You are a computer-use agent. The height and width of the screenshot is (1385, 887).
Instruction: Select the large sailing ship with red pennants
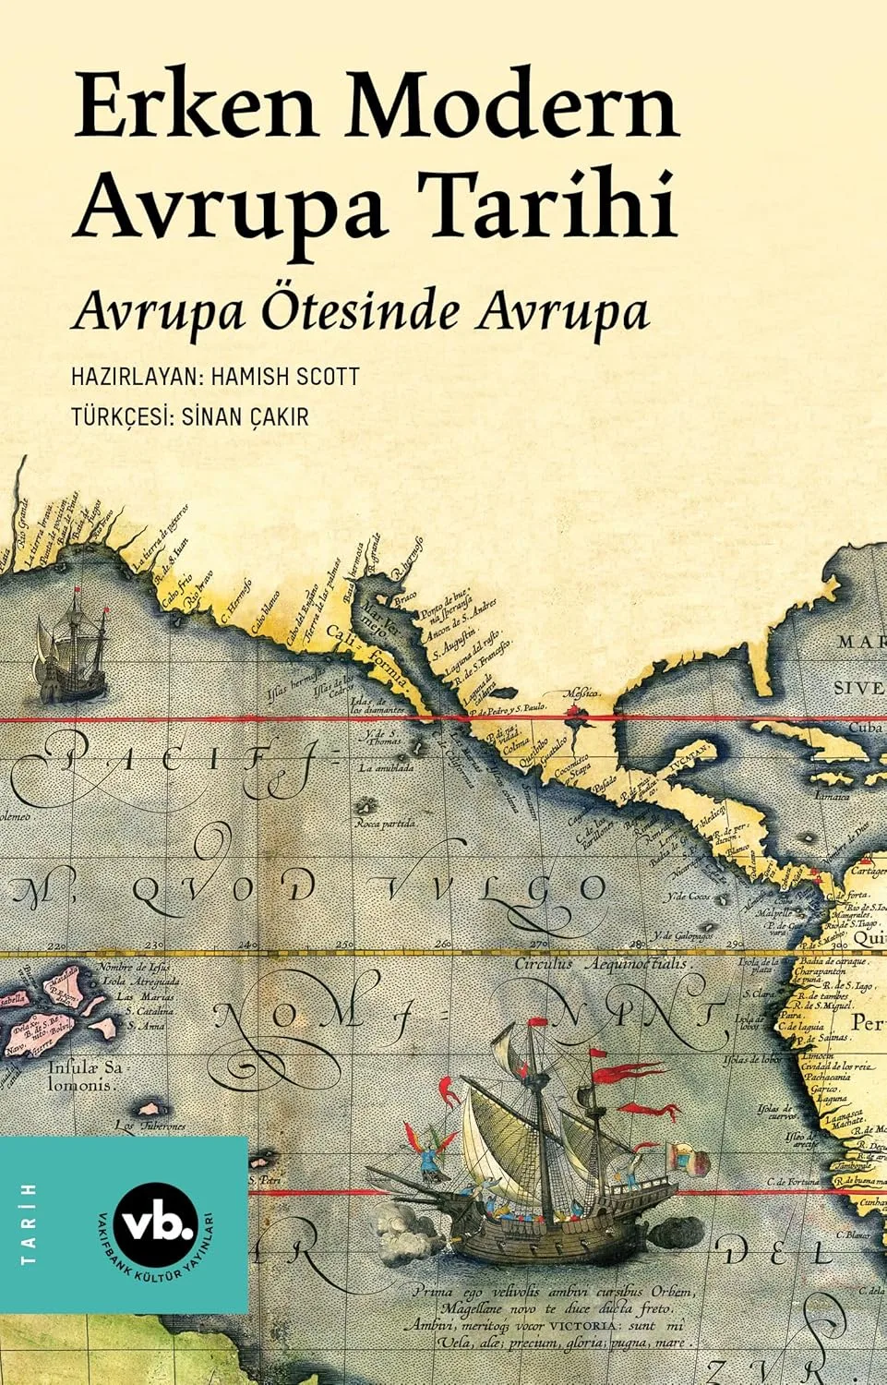click(545, 1145)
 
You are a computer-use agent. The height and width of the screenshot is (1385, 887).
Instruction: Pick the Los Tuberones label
click(150, 1126)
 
